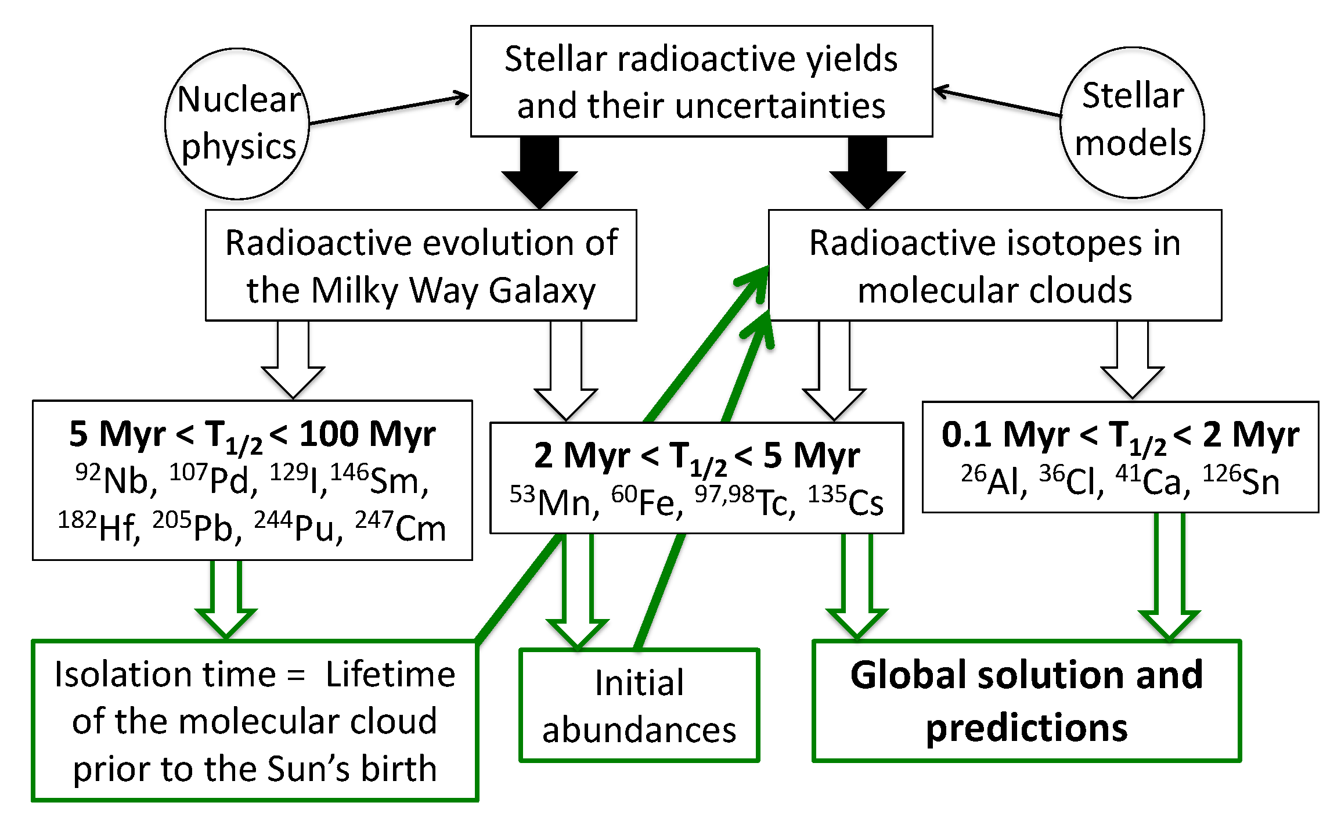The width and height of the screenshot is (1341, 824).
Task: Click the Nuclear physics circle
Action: pos(237,124)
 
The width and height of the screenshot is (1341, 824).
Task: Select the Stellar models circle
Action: pos(1132,123)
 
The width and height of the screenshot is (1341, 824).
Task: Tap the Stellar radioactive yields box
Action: pos(701,81)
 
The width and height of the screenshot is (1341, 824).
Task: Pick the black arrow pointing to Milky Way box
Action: pos(539,173)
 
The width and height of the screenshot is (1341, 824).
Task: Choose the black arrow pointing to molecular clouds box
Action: pos(867,173)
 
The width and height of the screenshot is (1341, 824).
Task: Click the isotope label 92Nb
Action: pos(116,480)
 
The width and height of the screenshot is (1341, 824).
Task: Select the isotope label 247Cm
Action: pos(401,527)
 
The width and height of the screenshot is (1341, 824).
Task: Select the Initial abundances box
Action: pos(639,705)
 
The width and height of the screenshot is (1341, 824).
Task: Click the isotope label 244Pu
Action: pos(298,527)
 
